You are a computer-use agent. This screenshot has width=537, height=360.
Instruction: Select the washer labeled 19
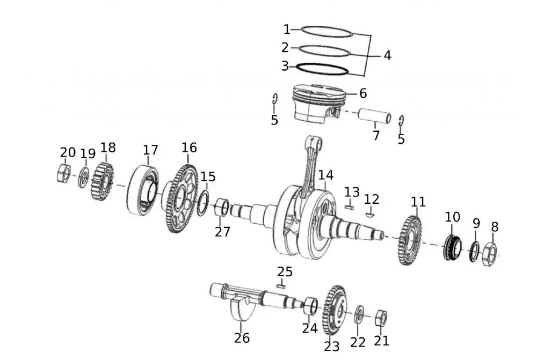click(83, 178)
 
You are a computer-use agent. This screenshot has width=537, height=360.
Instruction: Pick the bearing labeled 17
click(144, 191)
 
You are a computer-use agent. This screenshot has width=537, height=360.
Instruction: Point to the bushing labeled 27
click(222, 208)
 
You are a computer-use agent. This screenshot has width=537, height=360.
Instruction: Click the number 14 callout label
click(325, 175)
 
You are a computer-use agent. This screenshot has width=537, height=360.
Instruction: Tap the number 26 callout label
click(242, 338)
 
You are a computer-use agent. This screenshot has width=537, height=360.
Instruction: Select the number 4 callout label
click(387, 55)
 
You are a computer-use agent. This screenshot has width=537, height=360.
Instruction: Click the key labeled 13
click(350, 204)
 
